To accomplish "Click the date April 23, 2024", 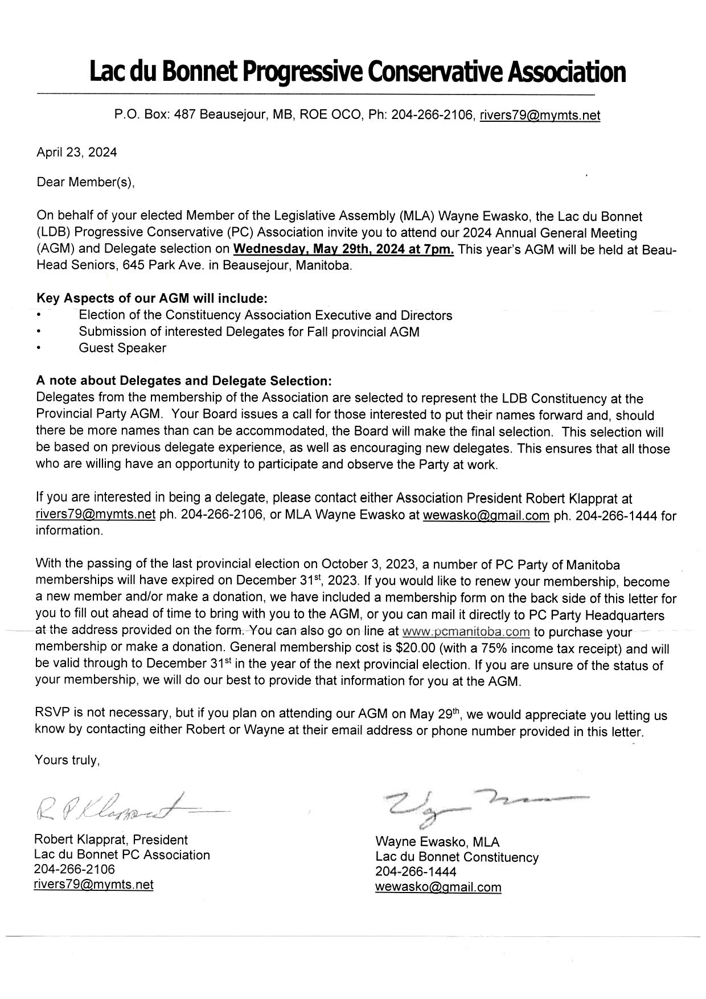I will coord(76,152).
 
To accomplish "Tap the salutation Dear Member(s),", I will coord(86,182).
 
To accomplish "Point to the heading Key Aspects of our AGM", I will coord(151,298).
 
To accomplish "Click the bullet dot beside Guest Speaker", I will coord(38,348).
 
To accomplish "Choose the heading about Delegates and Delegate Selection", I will coord(183,380).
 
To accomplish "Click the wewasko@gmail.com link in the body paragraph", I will coord(486,516).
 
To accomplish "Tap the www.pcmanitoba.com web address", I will coord(466,632).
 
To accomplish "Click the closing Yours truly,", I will coord(67,760).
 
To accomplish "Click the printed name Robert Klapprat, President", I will coord(110,840).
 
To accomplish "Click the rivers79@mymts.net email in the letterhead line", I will coord(539,115).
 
